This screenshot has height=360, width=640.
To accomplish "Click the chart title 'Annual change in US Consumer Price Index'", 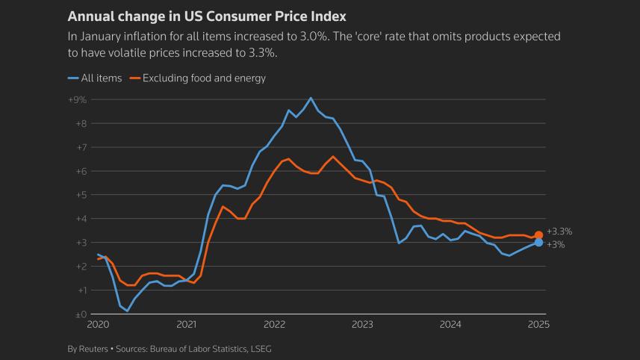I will tap(206, 16).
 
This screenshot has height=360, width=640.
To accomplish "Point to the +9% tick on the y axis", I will tap(78, 99).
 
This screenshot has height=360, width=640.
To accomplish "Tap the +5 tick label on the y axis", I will tap(81, 195).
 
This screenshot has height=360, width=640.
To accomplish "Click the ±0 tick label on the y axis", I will tap(80, 314).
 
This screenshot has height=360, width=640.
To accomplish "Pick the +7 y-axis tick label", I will tap(81, 147).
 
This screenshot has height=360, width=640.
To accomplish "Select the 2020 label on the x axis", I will tap(98, 325).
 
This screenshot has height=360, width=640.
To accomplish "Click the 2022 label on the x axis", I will tap(274, 325).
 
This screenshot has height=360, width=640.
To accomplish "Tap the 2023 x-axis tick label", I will tap(362, 325).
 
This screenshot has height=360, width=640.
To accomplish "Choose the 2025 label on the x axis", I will tap(538, 325).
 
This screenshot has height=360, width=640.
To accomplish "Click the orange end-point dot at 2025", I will tap(538, 235).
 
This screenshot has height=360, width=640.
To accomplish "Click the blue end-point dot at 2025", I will tap(538, 243).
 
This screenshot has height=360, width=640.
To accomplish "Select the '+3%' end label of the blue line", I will tap(556, 244).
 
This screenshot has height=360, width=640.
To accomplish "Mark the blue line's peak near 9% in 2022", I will tap(311, 98).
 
